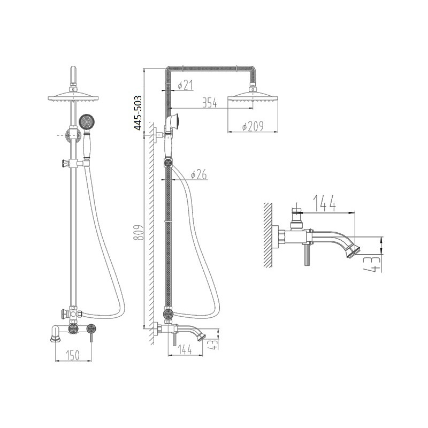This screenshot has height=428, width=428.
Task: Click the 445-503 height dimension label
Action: click(139, 113)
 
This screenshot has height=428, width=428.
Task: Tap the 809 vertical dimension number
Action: click(139, 233)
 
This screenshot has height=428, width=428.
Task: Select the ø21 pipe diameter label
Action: click(185, 85)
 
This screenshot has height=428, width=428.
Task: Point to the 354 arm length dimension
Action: click(210, 102)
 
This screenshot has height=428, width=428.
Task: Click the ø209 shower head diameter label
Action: click(253, 126)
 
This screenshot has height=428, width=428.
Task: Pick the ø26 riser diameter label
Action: click(198, 174)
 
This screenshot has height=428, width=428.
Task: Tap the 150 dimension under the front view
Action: click(73, 355)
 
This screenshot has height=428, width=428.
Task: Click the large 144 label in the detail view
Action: click(324, 203)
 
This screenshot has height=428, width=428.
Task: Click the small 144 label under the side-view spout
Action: click(185, 349)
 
